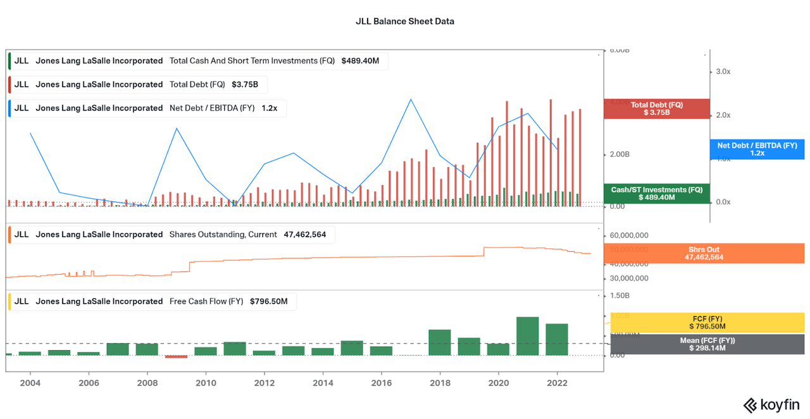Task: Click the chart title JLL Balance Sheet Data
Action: (x=404, y=21)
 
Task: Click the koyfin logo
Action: (x=771, y=404)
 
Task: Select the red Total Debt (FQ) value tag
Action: (x=656, y=109)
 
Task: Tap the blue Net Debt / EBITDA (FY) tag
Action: (x=756, y=149)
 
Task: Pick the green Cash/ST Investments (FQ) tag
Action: (x=656, y=194)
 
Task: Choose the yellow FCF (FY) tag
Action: (x=707, y=322)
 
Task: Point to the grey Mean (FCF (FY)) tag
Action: (x=707, y=344)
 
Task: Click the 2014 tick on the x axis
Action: (x=323, y=383)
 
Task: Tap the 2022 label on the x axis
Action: (x=557, y=383)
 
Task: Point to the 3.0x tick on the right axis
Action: (x=723, y=72)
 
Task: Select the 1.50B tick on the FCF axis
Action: (x=620, y=296)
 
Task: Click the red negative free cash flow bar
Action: (x=176, y=356)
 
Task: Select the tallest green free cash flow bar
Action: (x=527, y=336)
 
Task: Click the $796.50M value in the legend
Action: (x=268, y=301)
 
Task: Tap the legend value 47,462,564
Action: (x=305, y=234)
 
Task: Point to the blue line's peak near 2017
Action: (x=411, y=99)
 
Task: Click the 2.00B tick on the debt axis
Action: (x=620, y=154)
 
